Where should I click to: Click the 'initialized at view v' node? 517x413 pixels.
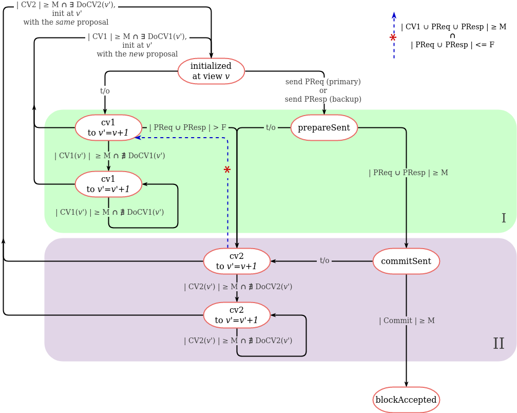point(211,71)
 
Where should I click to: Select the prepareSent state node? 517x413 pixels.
point(324,127)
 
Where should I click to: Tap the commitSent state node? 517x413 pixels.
point(406,261)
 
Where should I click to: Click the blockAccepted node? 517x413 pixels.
point(406,400)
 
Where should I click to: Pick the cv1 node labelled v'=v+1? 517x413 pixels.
point(108,127)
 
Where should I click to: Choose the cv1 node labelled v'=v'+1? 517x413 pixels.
point(108,184)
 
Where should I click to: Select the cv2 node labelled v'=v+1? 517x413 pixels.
point(237,261)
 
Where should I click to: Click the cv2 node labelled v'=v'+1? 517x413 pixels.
point(237,315)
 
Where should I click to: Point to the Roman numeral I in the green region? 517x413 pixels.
point(503,218)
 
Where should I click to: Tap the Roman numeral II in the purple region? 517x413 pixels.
point(499,344)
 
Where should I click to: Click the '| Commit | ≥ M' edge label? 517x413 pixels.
point(407,321)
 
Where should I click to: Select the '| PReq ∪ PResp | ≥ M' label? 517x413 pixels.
point(408,173)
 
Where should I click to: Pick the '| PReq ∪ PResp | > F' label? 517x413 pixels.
point(187,127)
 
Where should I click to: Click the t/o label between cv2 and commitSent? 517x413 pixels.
point(324,260)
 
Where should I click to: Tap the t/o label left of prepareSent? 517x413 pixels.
point(271,127)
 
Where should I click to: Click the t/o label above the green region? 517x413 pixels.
point(105,91)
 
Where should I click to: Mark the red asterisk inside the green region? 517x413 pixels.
point(227,170)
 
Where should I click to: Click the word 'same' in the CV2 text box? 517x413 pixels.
point(65,22)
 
